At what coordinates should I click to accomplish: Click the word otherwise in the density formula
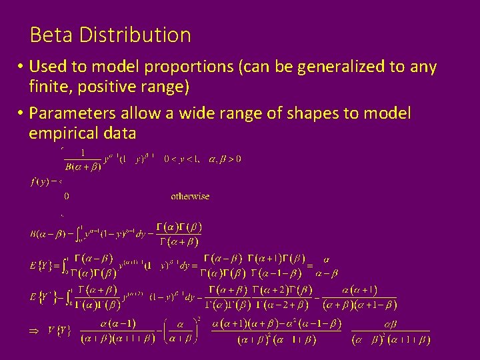pyautogui.click(x=190, y=196)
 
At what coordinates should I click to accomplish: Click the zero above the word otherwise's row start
pyautogui.click(x=67, y=196)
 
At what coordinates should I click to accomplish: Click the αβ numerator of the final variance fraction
pyautogui.click(x=390, y=325)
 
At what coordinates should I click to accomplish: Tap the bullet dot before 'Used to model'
pyautogui.click(x=21, y=67)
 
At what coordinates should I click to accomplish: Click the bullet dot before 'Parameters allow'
pyautogui.click(x=21, y=114)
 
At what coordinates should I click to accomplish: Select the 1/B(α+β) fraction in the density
pyautogui.click(x=83, y=160)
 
